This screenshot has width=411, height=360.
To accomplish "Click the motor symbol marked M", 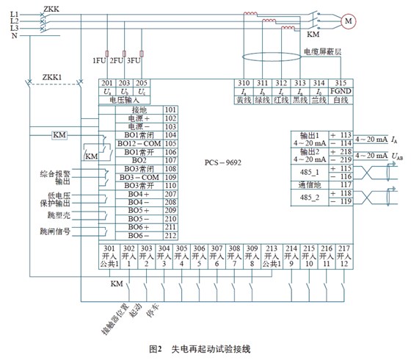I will [x=347, y=21].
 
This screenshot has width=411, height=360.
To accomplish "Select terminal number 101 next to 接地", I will [x=170, y=109].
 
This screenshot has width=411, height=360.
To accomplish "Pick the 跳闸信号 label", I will [x=55, y=231].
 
